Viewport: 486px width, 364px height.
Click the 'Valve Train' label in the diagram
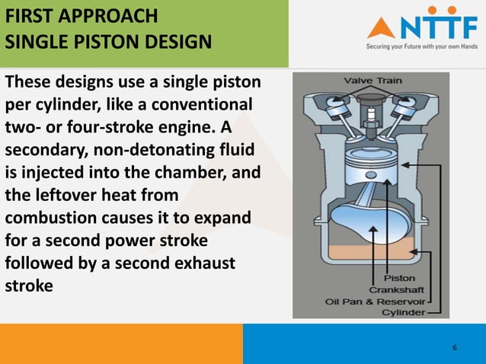(372, 80)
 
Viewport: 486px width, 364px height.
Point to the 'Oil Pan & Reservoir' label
(376, 300)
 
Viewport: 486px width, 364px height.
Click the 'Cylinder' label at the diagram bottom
(403, 311)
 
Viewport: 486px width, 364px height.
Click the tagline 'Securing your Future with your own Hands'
(422, 46)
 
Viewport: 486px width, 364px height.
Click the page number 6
(455, 348)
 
